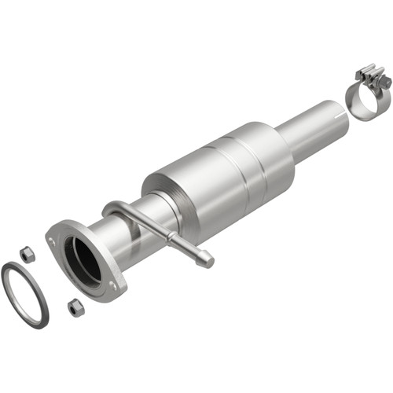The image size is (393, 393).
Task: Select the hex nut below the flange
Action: [x=75, y=307]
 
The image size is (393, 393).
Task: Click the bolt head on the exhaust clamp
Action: [x=385, y=82]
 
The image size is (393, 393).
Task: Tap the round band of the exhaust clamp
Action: [x=363, y=104]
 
